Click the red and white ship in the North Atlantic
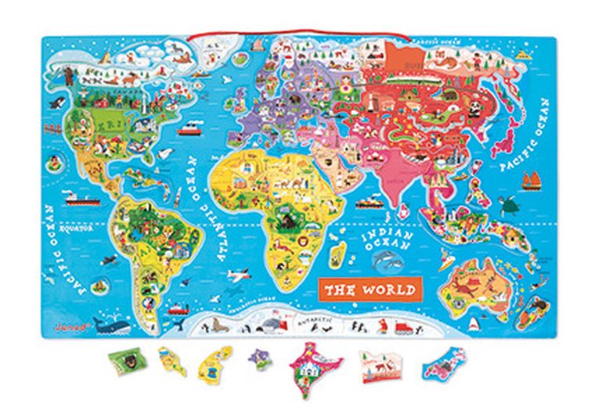point(191,128)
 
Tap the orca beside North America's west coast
point(56,102)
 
